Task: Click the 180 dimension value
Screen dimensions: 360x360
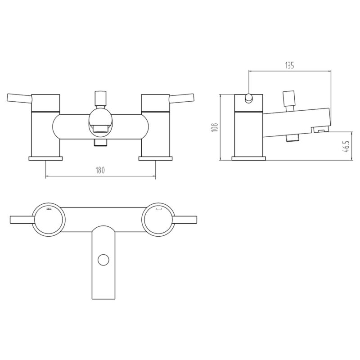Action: coord(100,171)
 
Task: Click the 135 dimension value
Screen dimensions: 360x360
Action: coord(289,65)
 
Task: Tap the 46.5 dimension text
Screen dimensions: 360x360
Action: coord(346,146)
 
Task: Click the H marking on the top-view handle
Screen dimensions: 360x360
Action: coord(48,209)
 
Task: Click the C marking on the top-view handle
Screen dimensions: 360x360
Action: coord(158,209)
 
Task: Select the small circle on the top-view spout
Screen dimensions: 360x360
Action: coord(103,260)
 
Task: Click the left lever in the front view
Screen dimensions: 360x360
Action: coord(20,99)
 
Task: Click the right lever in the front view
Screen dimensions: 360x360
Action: coord(182,99)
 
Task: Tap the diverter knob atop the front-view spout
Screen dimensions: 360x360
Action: coord(101,99)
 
